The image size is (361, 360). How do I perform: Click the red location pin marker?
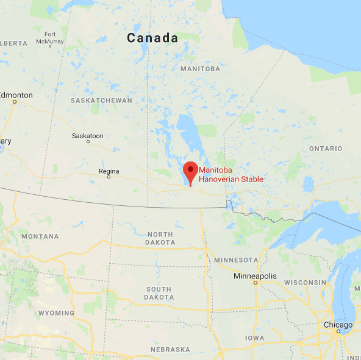click(191, 172)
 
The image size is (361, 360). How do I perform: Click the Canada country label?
click(152, 38)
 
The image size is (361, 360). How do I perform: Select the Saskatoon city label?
click(88, 136)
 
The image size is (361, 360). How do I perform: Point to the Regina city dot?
click(109, 177)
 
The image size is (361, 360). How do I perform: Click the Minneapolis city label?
click(255, 276)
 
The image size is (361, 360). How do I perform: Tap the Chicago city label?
click(338, 325)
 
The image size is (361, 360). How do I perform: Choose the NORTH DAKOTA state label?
click(160, 238)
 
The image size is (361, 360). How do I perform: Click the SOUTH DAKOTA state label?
click(159, 293)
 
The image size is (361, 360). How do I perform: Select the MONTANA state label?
click(40, 236)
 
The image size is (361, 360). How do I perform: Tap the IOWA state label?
click(254, 337)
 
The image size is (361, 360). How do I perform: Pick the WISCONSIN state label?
click(306, 283)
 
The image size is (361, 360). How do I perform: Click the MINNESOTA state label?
click(237, 260)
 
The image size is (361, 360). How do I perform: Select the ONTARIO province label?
click(325, 149)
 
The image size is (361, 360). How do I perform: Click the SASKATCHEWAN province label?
click(101, 100)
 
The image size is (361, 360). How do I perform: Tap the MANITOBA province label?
click(200, 69)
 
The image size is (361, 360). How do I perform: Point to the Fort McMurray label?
click(50, 38)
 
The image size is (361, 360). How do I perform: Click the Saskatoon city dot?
click(88, 141)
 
